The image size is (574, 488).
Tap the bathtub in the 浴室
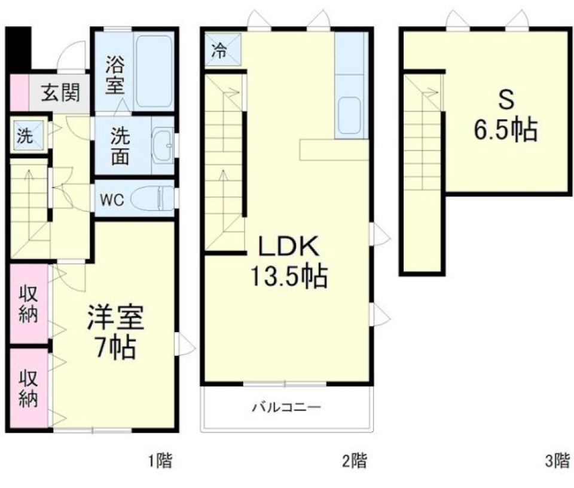[154, 72]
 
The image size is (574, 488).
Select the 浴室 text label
[115, 74]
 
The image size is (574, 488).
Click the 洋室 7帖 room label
[115, 332]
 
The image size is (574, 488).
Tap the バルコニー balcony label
[286, 409]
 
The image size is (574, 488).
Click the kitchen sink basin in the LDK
[349, 117]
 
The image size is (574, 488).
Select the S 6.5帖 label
[505, 116]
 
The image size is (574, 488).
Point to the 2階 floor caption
[354, 461]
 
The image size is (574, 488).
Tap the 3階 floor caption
[557, 461]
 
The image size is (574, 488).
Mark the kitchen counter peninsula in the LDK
[334, 150]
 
